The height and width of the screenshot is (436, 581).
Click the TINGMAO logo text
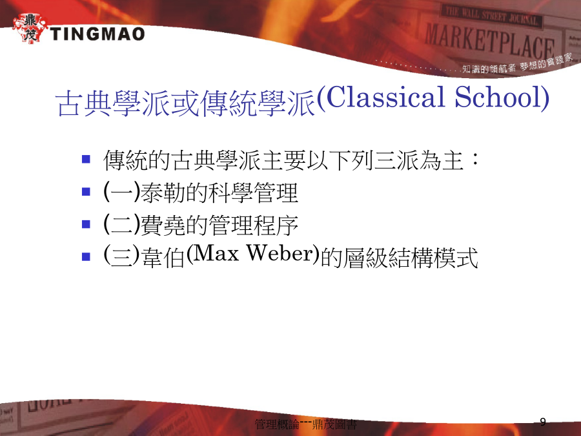click(97, 34)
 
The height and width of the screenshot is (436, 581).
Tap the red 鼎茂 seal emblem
click(30, 28)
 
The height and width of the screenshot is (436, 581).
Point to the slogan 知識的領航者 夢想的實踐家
click(517, 64)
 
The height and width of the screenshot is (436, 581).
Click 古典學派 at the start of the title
click(114, 103)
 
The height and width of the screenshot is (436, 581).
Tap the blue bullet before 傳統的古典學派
click(86, 160)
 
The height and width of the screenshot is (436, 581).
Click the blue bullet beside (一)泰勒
click(86, 192)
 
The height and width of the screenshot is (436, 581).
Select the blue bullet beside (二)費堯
click(86, 224)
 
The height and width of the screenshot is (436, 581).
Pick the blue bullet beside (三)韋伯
click(86, 256)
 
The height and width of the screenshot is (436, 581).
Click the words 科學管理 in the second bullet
click(253, 192)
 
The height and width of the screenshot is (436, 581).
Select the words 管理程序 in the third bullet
click(253, 225)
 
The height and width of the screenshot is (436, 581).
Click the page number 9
click(543, 422)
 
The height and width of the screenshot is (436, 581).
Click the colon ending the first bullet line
click(474, 160)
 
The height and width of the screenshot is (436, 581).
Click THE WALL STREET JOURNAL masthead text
click(491, 16)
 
